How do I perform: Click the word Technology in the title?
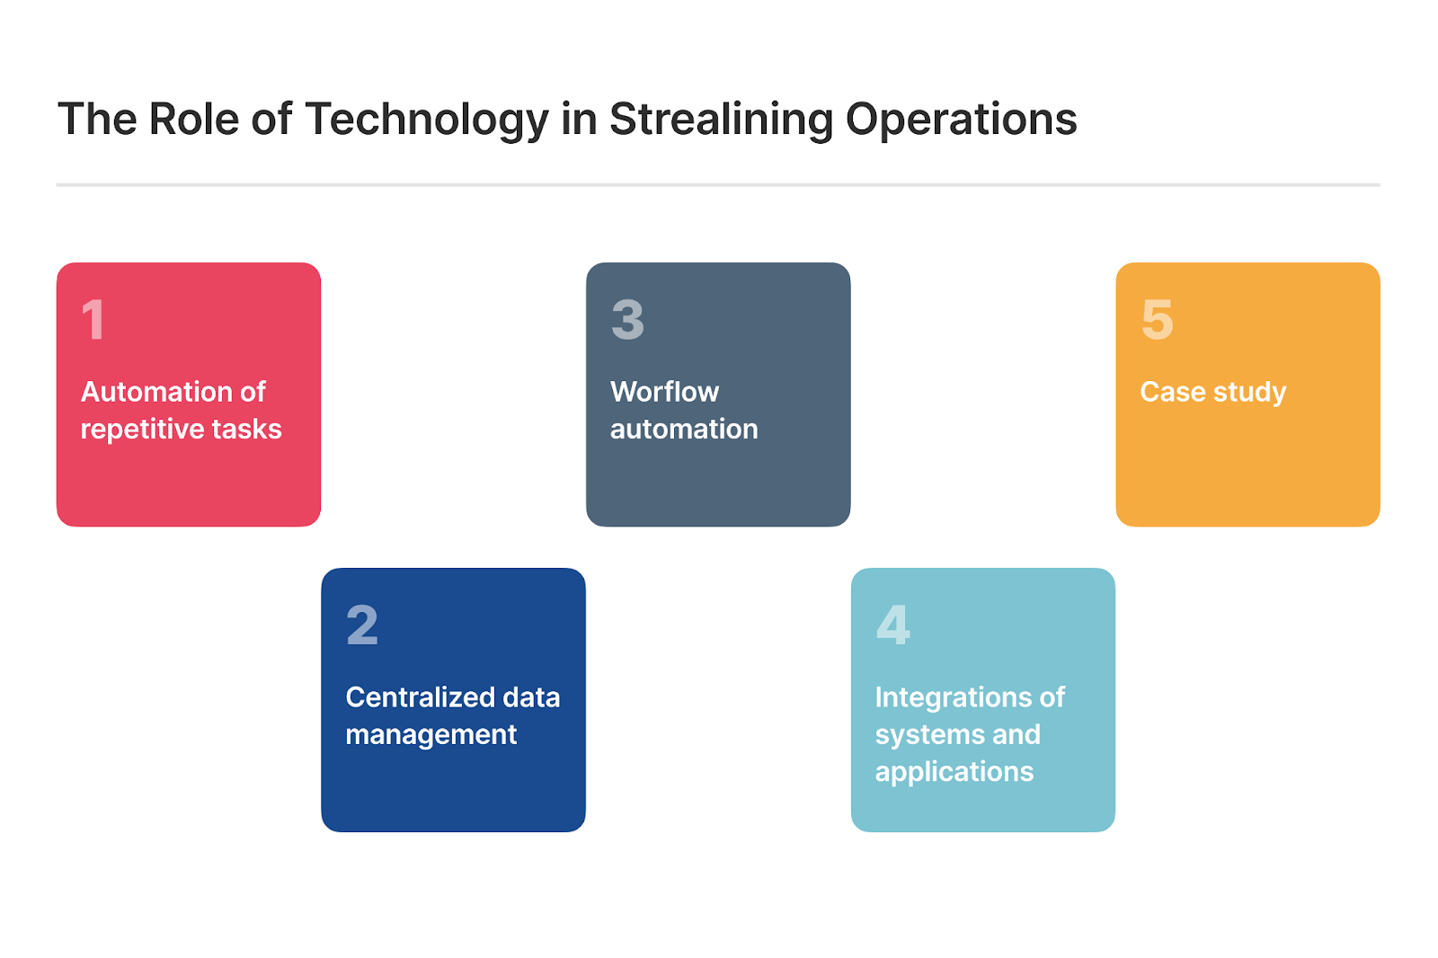pyautogui.click(x=426, y=120)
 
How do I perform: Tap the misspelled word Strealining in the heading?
pyautogui.click(x=721, y=120)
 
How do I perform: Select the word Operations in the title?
pyautogui.click(x=961, y=120)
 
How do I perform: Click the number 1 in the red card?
pyautogui.click(x=93, y=319)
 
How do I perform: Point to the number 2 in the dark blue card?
pyautogui.click(x=362, y=625)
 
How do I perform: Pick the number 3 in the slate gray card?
pyautogui.click(x=627, y=319)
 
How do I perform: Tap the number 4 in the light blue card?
pyautogui.click(x=893, y=625)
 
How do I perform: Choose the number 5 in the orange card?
pyautogui.click(x=1158, y=319)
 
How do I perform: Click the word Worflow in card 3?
pyautogui.click(x=664, y=392)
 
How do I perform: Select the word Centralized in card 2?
pyautogui.click(x=421, y=697)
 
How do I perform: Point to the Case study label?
pyautogui.click(x=1212, y=393)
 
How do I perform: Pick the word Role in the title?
pyautogui.click(x=194, y=120)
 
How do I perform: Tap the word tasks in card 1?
pyautogui.click(x=246, y=430)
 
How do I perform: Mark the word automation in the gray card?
pyautogui.click(x=684, y=430)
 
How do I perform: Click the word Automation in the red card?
pyautogui.click(x=156, y=392)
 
